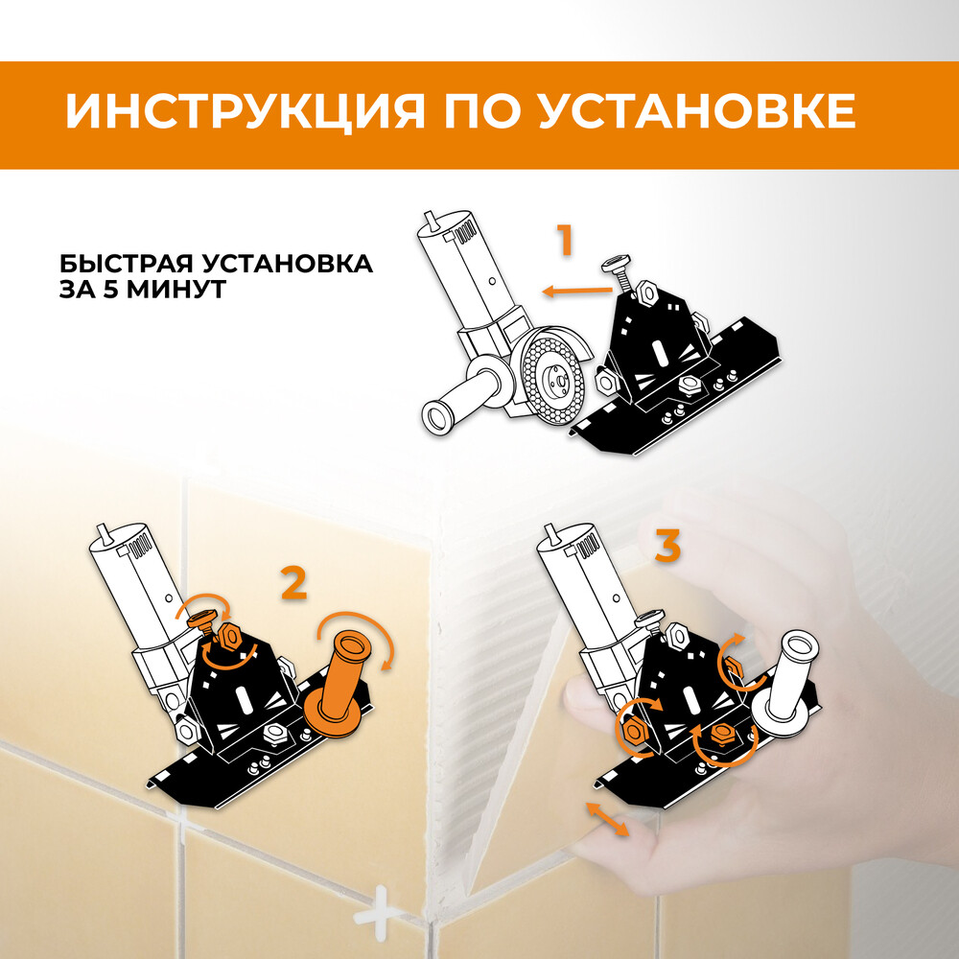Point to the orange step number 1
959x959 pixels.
point(566,240)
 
